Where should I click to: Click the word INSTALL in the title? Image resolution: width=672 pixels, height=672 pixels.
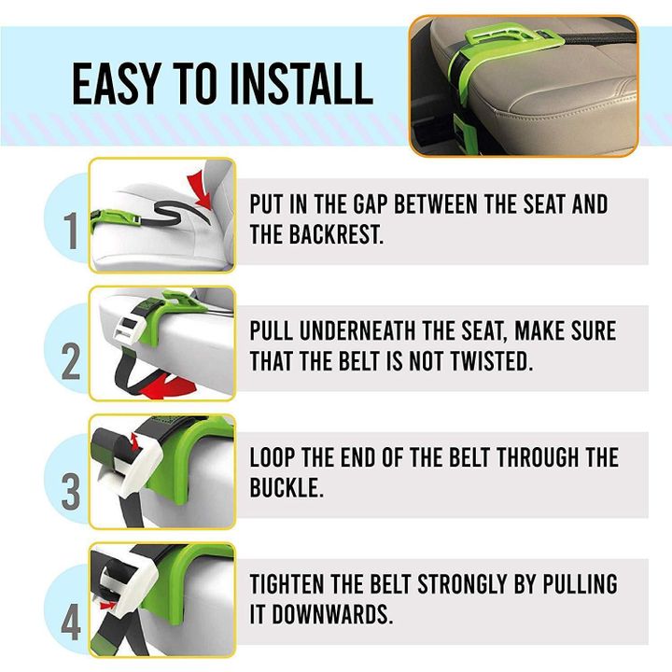pyautogui.click(x=301, y=84)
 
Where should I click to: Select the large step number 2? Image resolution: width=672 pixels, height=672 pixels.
pyautogui.click(x=71, y=362)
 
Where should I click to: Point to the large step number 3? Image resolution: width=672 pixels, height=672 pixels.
pyautogui.click(x=71, y=492)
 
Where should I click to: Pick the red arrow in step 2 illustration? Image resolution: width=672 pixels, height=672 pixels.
pyautogui.click(x=168, y=387)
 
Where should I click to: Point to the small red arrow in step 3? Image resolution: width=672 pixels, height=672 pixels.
pyautogui.click(x=134, y=441)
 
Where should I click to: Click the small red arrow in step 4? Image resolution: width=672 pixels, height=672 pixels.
pyautogui.click(x=107, y=605)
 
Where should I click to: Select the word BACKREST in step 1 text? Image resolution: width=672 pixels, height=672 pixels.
pyautogui.click(x=336, y=234)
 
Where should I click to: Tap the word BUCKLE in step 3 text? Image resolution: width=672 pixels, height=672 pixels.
pyautogui.click(x=286, y=488)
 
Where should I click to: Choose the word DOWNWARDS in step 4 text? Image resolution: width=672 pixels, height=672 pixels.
pyautogui.click(x=332, y=614)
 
